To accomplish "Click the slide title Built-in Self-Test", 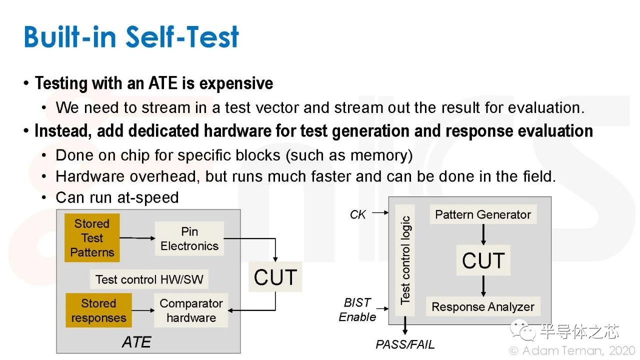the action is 131,36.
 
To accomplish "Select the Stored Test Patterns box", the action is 92,237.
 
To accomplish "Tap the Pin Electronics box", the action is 189,239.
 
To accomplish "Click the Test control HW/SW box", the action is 149,279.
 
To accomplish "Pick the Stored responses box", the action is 98,310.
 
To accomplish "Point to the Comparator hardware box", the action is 191,310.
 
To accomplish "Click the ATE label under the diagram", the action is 136,342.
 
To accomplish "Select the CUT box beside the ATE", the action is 275,277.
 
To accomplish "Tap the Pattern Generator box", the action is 483,214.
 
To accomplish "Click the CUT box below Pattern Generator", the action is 483,260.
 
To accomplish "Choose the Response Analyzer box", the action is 483,306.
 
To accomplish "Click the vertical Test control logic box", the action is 405,260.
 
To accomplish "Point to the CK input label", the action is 357,214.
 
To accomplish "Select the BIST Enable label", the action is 357,309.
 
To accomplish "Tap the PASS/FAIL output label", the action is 405,344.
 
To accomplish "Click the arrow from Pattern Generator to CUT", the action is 483,234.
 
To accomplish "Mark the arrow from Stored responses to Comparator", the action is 143,310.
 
